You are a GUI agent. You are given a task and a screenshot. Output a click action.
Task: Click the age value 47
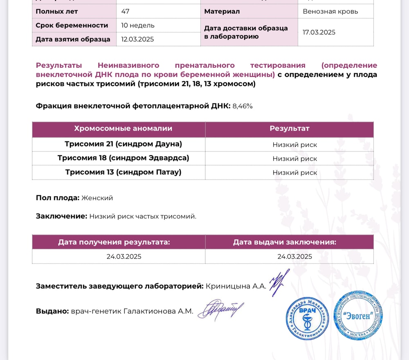point(125,11)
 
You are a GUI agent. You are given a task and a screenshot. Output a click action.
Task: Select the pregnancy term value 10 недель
point(138,25)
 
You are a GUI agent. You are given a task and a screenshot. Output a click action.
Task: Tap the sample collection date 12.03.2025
point(137,39)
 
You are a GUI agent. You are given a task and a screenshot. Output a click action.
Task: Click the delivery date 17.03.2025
point(319,32)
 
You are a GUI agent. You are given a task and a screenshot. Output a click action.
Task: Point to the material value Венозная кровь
point(330,11)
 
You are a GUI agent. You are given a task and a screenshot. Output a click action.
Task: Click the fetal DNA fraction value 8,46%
point(243,106)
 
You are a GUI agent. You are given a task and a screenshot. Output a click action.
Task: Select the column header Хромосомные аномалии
point(123,129)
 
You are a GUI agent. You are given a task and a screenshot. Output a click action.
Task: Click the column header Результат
point(289,129)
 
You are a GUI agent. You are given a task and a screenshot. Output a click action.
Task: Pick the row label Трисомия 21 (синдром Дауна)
point(123,144)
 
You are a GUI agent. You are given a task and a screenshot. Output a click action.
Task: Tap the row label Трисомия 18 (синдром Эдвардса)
point(123,158)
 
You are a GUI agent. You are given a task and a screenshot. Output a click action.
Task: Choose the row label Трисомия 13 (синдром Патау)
point(123,172)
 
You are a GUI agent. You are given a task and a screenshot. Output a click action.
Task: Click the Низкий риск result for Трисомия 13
point(294,172)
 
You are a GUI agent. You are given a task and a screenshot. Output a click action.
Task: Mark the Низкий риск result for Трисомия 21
point(294,145)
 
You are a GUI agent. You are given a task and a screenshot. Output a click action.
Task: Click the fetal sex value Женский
point(97,198)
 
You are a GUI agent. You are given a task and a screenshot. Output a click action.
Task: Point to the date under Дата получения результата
point(124,257)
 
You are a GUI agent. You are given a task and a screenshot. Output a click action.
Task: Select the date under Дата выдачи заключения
point(294,257)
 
